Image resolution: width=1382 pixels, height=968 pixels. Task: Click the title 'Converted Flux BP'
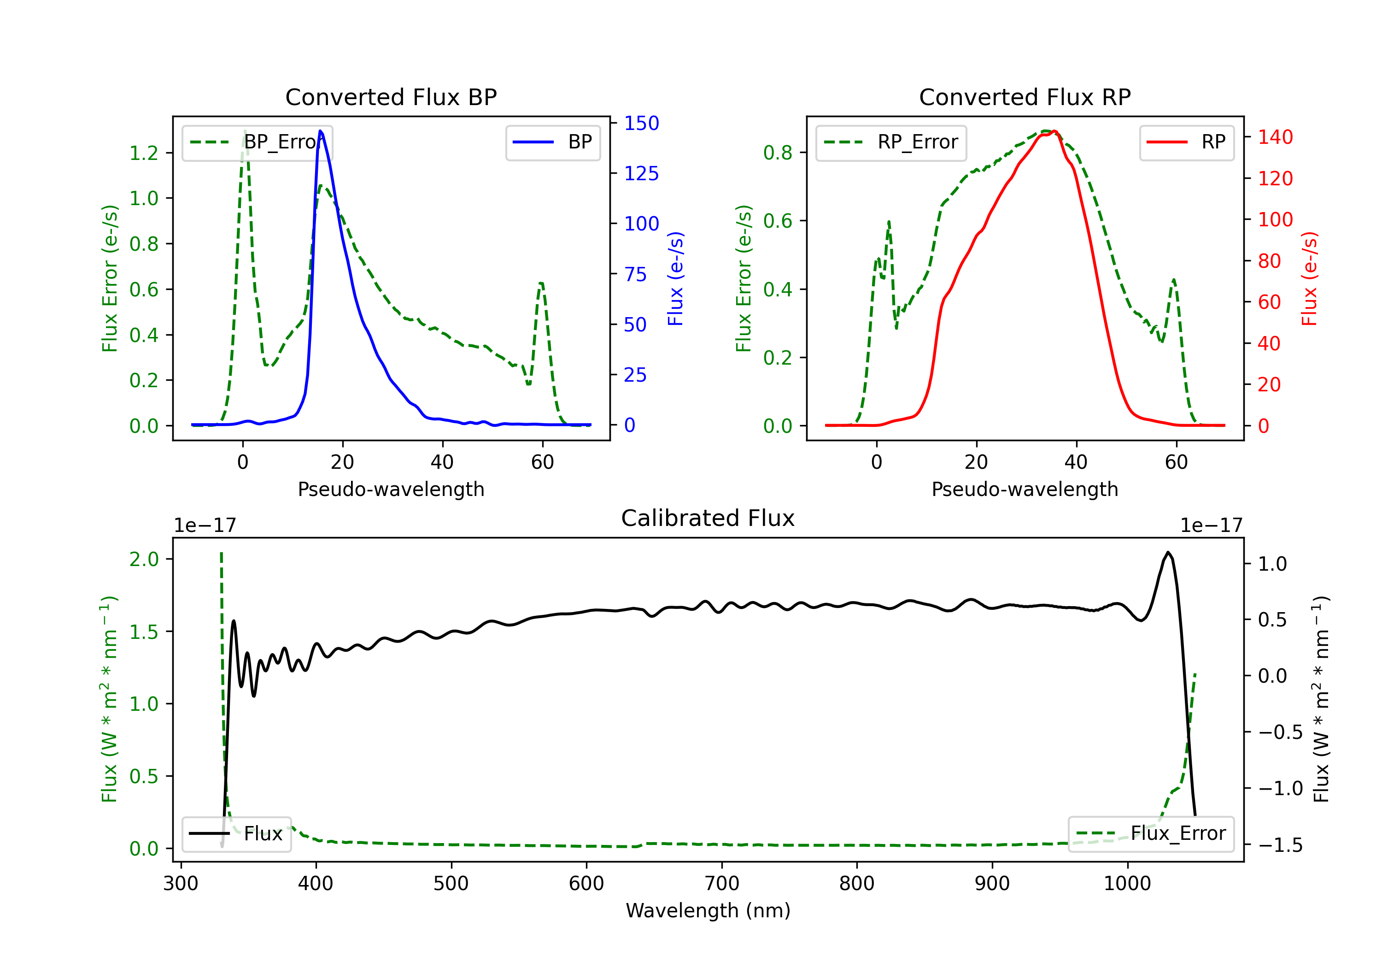click(x=391, y=97)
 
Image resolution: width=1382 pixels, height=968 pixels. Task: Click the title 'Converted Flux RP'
click(x=1025, y=97)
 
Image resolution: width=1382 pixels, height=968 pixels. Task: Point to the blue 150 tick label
click(x=641, y=124)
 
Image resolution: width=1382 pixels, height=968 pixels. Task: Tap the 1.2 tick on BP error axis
click(x=144, y=153)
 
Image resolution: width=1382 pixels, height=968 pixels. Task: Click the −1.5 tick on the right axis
click(x=1280, y=845)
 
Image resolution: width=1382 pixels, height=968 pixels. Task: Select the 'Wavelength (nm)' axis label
click(x=708, y=910)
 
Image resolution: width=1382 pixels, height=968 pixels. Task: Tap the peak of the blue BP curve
click(x=320, y=131)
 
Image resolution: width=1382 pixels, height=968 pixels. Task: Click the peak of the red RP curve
click(x=1054, y=131)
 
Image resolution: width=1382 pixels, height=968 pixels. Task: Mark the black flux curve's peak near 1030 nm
click(x=1168, y=552)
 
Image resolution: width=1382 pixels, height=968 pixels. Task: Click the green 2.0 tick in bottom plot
click(x=144, y=559)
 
